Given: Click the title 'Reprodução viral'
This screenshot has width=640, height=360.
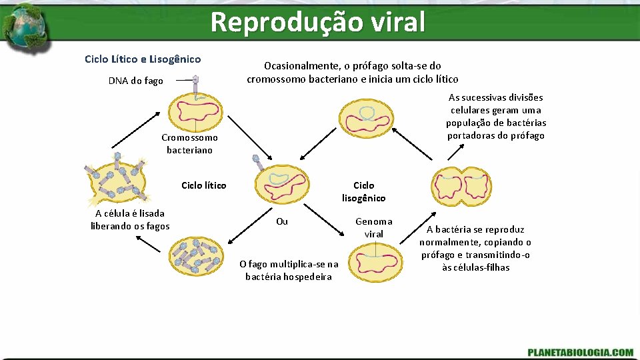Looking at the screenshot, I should coord(317,22).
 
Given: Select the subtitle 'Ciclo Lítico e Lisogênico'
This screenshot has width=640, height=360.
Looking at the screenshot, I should coord(143,59).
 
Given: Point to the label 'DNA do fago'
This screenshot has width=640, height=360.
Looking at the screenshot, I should coord(135,81).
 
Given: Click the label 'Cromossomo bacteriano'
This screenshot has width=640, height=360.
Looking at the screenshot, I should coord(189,143).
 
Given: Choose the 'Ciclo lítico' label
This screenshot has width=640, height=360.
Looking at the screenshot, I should coord(203,185).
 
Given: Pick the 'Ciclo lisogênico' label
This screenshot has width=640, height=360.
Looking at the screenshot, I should coord(363,191).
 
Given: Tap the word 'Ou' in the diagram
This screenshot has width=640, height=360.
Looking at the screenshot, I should coord(282,221).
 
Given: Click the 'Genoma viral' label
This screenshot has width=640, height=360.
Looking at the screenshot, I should coord(373,227).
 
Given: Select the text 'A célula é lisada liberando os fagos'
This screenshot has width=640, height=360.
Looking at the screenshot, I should coord(130,219).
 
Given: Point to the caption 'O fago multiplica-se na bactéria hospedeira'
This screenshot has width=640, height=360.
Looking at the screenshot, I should coord(289,270).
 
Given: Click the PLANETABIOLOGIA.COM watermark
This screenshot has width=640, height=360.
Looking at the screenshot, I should coord(580,351).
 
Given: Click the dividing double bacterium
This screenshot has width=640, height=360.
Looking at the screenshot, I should coord(461,184).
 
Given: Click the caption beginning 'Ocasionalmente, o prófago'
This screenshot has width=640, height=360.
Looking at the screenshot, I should coord(352,72).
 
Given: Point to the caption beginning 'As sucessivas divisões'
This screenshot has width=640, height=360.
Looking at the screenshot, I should coord(496,117).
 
